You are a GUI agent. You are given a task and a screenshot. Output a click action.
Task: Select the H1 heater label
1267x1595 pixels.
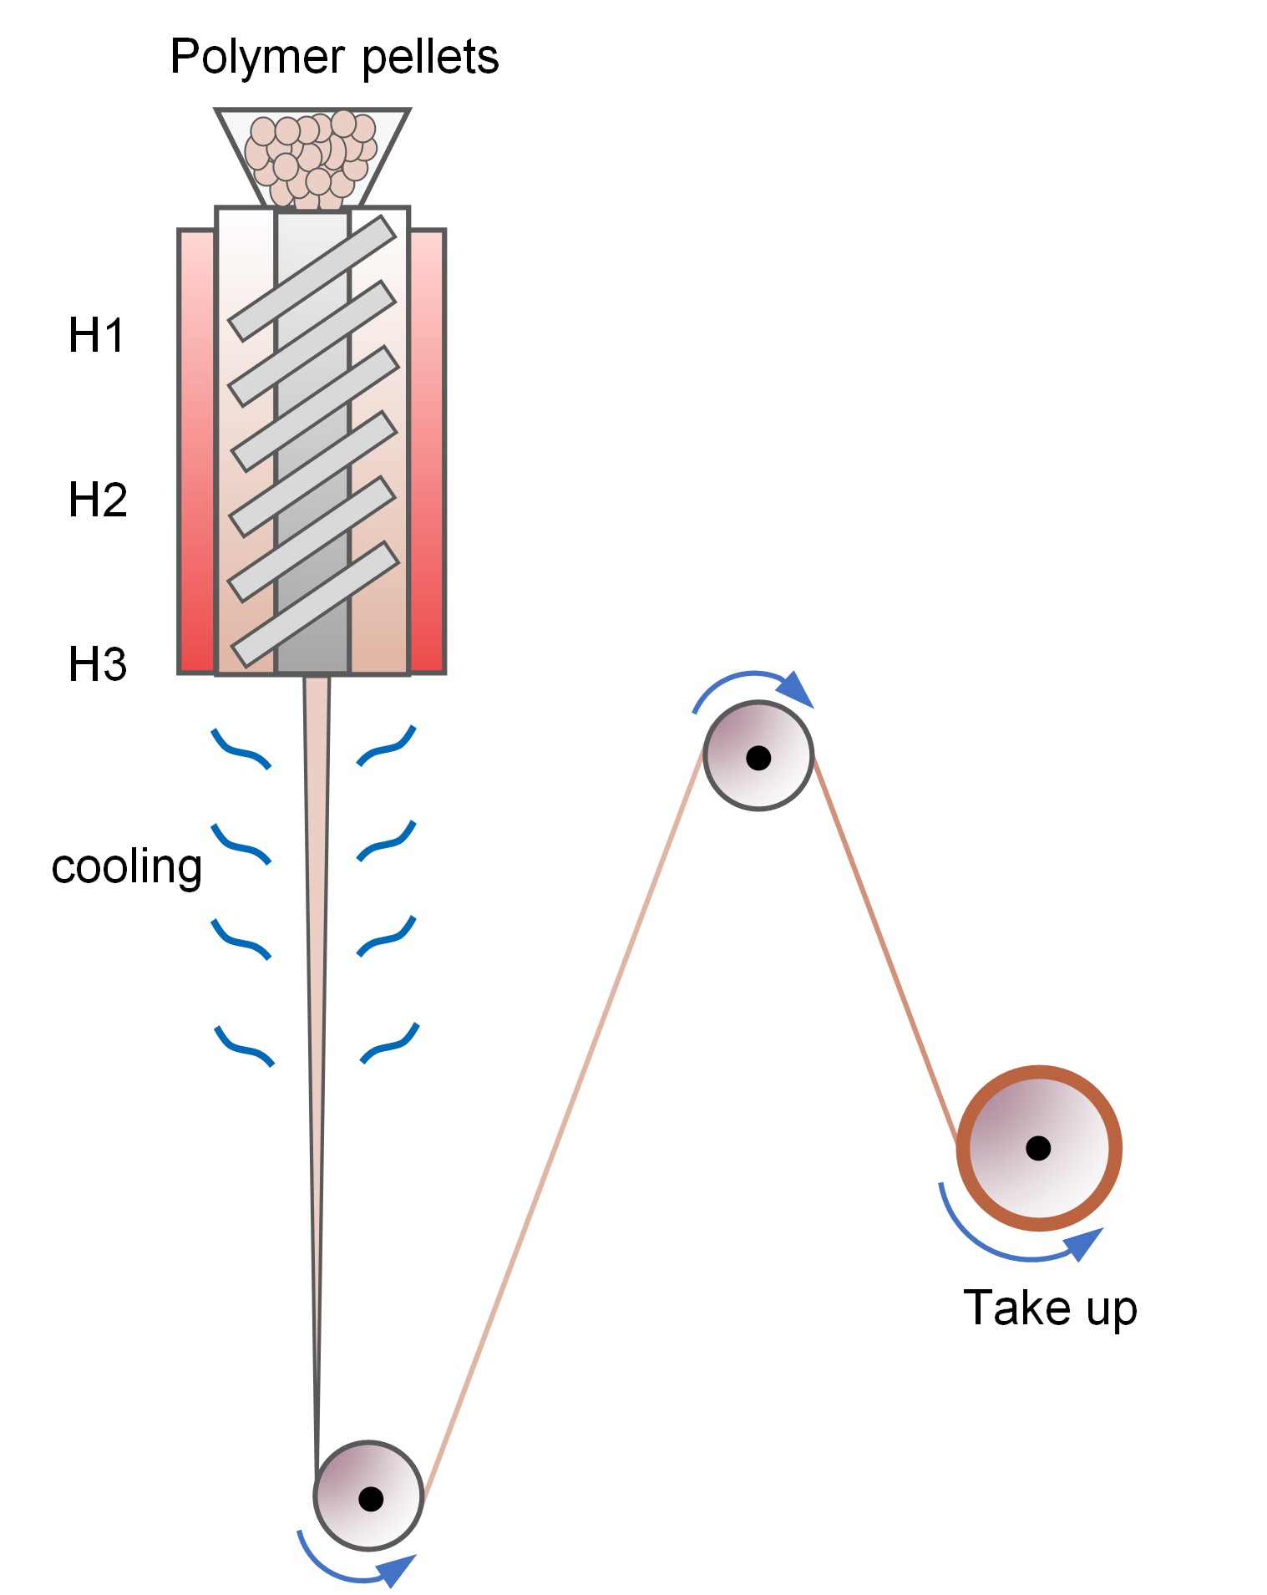coord(97,336)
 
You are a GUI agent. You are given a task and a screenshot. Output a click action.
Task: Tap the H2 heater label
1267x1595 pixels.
coord(98,500)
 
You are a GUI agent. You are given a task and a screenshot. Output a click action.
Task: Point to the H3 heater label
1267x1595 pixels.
coord(98,665)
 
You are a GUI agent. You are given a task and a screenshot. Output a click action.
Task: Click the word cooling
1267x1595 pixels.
coord(126,867)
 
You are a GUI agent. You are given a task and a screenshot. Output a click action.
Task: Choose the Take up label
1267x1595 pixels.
coord(1050,1308)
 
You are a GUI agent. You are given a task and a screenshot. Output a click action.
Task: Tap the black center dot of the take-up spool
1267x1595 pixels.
coord(1038,1148)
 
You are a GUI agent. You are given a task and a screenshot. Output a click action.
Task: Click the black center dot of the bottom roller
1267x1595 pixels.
coord(370,1498)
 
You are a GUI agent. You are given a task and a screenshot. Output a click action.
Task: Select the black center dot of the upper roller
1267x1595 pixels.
coord(758,758)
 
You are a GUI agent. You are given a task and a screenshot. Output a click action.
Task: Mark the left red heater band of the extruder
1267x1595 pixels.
coord(197,451)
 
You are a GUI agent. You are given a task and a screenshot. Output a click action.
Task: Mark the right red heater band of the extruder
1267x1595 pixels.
coord(427,451)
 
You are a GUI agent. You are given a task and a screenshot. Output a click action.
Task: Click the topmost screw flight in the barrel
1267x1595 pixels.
coord(312,279)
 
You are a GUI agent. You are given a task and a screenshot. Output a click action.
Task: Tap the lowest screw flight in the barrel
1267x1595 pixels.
coord(314,605)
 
